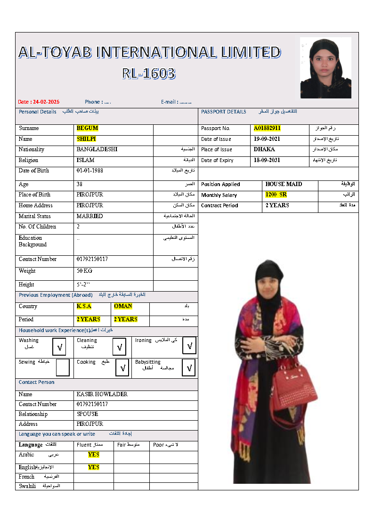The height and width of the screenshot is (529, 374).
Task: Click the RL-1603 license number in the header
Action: pos(148,73)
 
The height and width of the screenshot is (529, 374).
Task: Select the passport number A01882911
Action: pos(267,128)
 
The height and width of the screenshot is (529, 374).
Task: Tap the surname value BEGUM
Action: pos(87,128)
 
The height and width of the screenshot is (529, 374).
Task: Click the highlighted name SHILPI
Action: pos(86,139)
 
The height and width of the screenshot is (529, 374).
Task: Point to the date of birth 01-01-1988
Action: pos(89,171)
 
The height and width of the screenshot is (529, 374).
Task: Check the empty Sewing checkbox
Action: pos(63,367)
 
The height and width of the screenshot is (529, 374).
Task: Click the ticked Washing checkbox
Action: pos(59,348)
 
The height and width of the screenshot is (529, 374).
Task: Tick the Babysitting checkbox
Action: pos(188,367)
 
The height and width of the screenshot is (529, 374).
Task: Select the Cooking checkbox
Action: pos(122,367)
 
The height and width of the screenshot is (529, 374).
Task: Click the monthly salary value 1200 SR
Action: pos(276,195)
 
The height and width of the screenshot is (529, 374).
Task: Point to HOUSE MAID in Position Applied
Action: pos(284,184)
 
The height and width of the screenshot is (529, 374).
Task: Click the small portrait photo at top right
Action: pos(325,68)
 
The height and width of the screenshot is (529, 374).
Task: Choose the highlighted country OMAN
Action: pos(123,306)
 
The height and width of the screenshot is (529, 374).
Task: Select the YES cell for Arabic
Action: pos(94,455)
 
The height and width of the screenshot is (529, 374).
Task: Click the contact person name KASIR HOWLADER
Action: pos(102,394)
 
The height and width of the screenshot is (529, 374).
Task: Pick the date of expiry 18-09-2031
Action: pos(267,160)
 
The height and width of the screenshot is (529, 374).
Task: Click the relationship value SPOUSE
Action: pos(87,414)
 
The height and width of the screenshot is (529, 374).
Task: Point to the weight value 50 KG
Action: pos(84,271)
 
